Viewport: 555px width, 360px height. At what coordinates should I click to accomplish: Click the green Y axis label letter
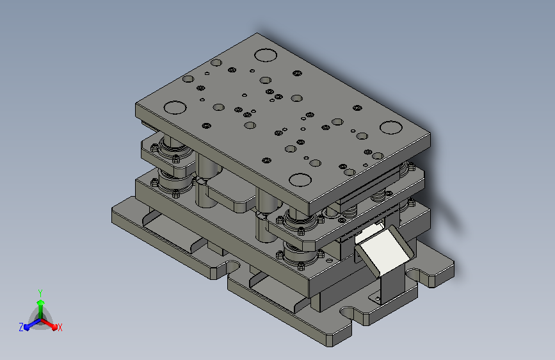[40, 293]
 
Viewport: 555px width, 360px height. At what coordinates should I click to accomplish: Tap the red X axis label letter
[60, 327]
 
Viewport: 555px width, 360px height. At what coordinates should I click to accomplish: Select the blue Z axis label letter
[21, 327]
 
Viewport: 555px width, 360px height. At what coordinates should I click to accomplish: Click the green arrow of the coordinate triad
[41, 309]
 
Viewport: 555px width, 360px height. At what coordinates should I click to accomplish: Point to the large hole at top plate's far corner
[266, 55]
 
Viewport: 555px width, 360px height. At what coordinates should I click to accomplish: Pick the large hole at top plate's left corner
[175, 108]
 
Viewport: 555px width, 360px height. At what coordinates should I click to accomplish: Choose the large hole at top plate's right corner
[390, 127]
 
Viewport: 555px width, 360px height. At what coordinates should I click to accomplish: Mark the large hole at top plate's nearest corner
[300, 179]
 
